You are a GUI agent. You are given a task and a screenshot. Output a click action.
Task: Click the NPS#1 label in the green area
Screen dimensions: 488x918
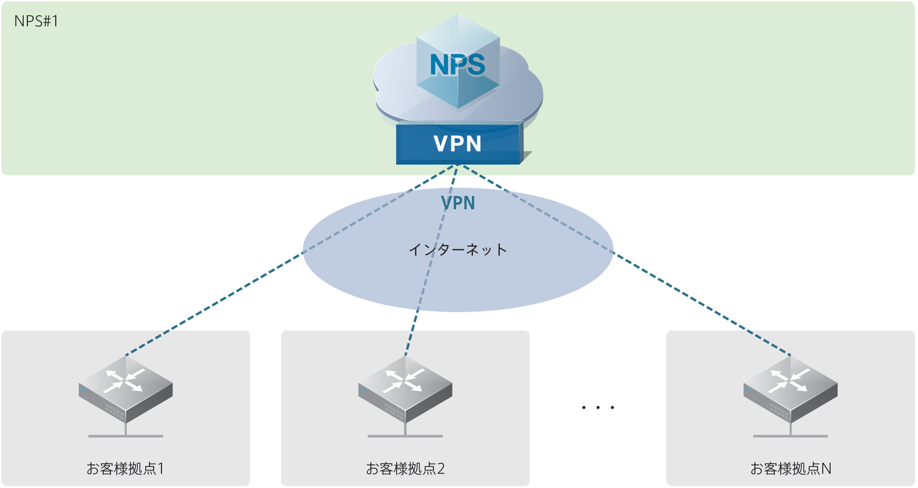36,22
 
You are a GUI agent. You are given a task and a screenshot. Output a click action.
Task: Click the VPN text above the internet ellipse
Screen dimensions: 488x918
458,203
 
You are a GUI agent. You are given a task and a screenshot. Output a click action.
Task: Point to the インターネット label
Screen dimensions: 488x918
458,249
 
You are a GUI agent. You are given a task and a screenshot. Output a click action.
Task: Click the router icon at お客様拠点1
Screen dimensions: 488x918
126,389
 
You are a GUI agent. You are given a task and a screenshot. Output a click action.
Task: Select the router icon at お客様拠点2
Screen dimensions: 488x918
405,389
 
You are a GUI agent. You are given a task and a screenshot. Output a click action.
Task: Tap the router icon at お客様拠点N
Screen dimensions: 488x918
790,389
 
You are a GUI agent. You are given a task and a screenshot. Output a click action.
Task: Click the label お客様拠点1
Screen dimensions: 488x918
125,468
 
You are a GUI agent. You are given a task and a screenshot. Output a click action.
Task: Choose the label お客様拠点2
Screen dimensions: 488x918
405,468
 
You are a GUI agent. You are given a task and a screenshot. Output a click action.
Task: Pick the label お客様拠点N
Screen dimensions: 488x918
790,468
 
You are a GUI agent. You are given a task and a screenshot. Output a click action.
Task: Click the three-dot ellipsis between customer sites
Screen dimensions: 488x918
598,408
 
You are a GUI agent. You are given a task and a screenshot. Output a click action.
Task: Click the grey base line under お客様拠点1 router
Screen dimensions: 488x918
126,436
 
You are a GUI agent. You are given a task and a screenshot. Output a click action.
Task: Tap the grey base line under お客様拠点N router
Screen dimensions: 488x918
790,436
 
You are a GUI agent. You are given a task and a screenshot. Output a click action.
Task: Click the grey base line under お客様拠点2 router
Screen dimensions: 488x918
405,436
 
